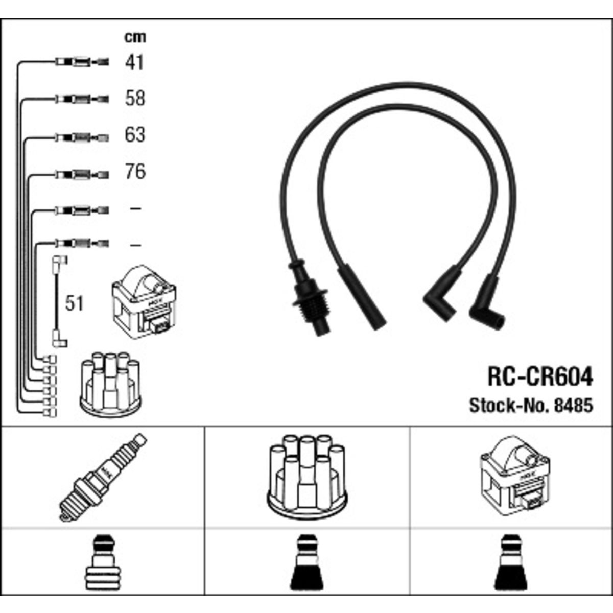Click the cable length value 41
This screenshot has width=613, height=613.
pos(134,62)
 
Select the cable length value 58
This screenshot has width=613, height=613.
pos(135,98)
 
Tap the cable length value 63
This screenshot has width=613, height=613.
pos(135,134)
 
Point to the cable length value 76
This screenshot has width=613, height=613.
pos(135,172)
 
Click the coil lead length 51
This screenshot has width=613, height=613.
pos(74,303)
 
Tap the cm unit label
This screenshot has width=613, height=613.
pos(135,37)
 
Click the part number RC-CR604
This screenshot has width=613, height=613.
pos(540,377)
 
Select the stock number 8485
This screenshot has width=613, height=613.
pos(574,406)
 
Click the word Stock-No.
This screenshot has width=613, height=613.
pos(510,406)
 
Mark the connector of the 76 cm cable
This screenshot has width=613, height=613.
pos(82,174)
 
